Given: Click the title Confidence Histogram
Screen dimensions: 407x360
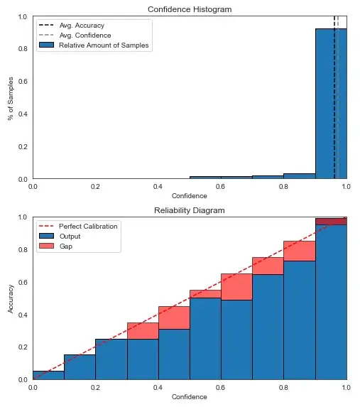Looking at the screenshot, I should point(189,9).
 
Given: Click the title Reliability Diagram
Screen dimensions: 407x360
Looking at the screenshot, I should point(189,210).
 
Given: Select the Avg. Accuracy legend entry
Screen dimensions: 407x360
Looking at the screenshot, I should point(82,26).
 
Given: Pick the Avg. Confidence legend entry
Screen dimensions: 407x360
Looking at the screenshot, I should point(84,36).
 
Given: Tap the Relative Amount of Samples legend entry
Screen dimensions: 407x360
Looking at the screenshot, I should point(104,45).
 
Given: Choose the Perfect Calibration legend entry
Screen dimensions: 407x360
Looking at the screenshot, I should point(88,226).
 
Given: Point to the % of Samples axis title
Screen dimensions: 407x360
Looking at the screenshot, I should point(11,98).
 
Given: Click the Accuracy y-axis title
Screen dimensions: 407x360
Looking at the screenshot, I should point(11,298).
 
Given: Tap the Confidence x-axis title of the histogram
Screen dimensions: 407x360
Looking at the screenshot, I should point(189,195).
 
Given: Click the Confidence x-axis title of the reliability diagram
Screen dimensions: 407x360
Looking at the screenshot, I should point(189,396).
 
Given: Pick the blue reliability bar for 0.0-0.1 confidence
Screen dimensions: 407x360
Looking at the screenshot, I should point(48,375).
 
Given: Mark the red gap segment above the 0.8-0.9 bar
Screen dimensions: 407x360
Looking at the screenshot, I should point(299,251).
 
